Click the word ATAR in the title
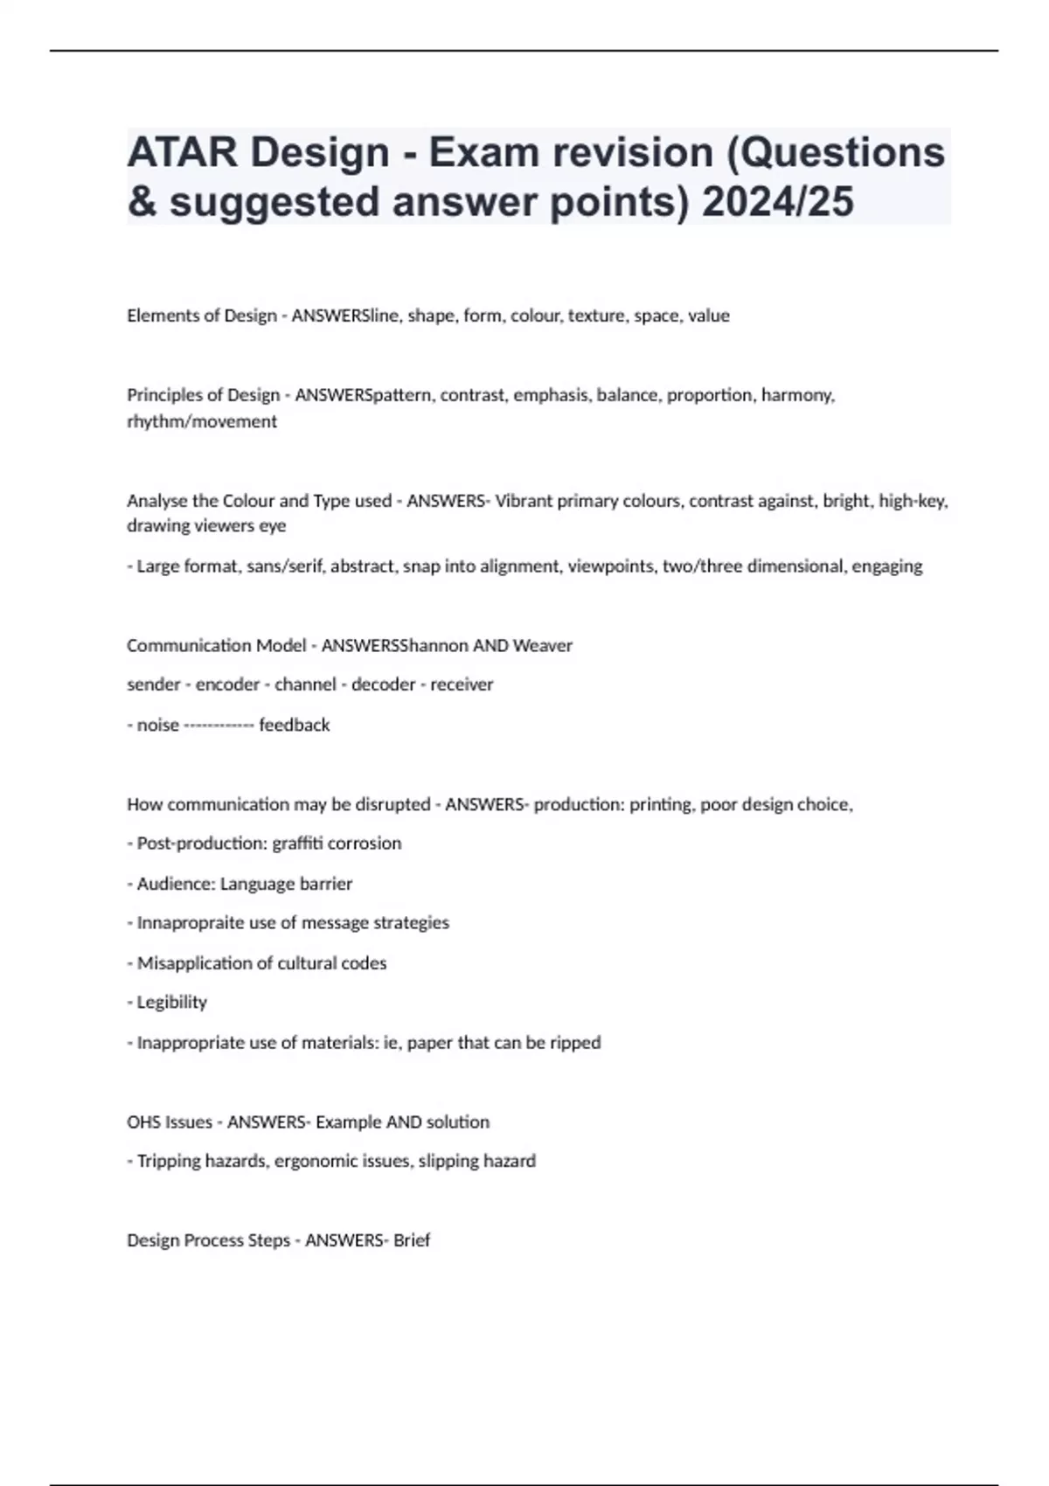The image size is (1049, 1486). [x=182, y=153]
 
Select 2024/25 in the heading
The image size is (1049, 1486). [x=777, y=202]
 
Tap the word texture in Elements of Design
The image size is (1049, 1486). [x=596, y=316]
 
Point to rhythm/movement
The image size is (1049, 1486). [x=202, y=421]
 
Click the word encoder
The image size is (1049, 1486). [x=227, y=684]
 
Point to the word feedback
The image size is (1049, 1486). [x=295, y=725]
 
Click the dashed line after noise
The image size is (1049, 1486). [x=219, y=726]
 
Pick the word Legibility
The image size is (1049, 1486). [x=172, y=1003]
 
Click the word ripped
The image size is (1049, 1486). [x=575, y=1043]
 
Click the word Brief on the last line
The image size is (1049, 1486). [x=412, y=1240]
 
